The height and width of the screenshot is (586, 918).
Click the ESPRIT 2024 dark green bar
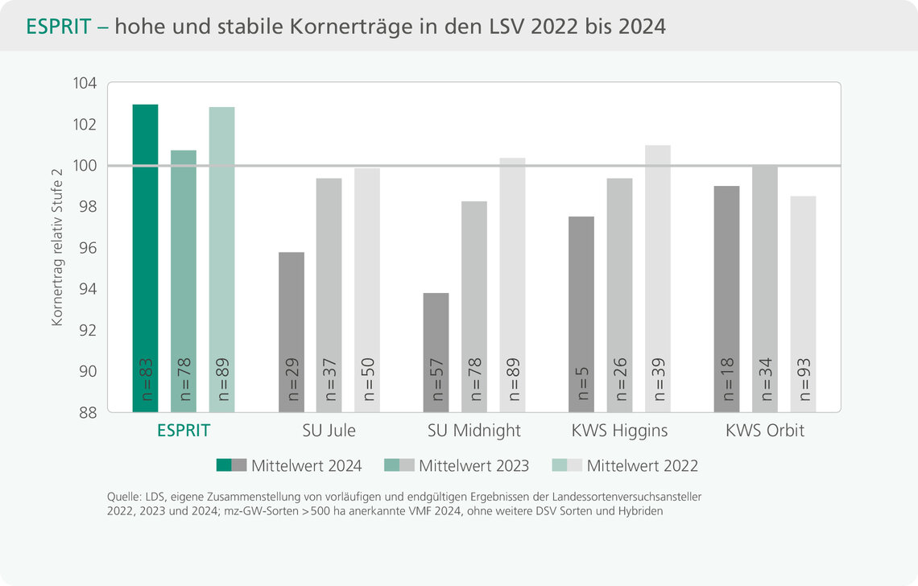[145, 258]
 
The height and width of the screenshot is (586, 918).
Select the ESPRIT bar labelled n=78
[184, 281]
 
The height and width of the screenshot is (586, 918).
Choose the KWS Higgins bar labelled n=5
[581, 314]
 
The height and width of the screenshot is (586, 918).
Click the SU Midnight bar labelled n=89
[512, 285]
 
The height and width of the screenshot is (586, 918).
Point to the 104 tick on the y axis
[84, 84]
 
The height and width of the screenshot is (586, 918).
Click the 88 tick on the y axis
[86, 412]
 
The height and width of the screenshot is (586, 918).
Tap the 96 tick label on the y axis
[86, 248]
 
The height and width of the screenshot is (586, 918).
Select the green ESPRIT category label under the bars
[183, 431]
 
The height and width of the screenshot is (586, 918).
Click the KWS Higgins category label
[619, 431]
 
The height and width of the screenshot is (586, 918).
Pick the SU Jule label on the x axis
[329, 431]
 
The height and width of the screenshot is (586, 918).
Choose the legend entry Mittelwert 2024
[306, 465]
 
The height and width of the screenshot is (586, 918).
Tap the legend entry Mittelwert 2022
[642, 465]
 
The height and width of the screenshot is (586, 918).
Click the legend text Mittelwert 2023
[473, 465]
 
